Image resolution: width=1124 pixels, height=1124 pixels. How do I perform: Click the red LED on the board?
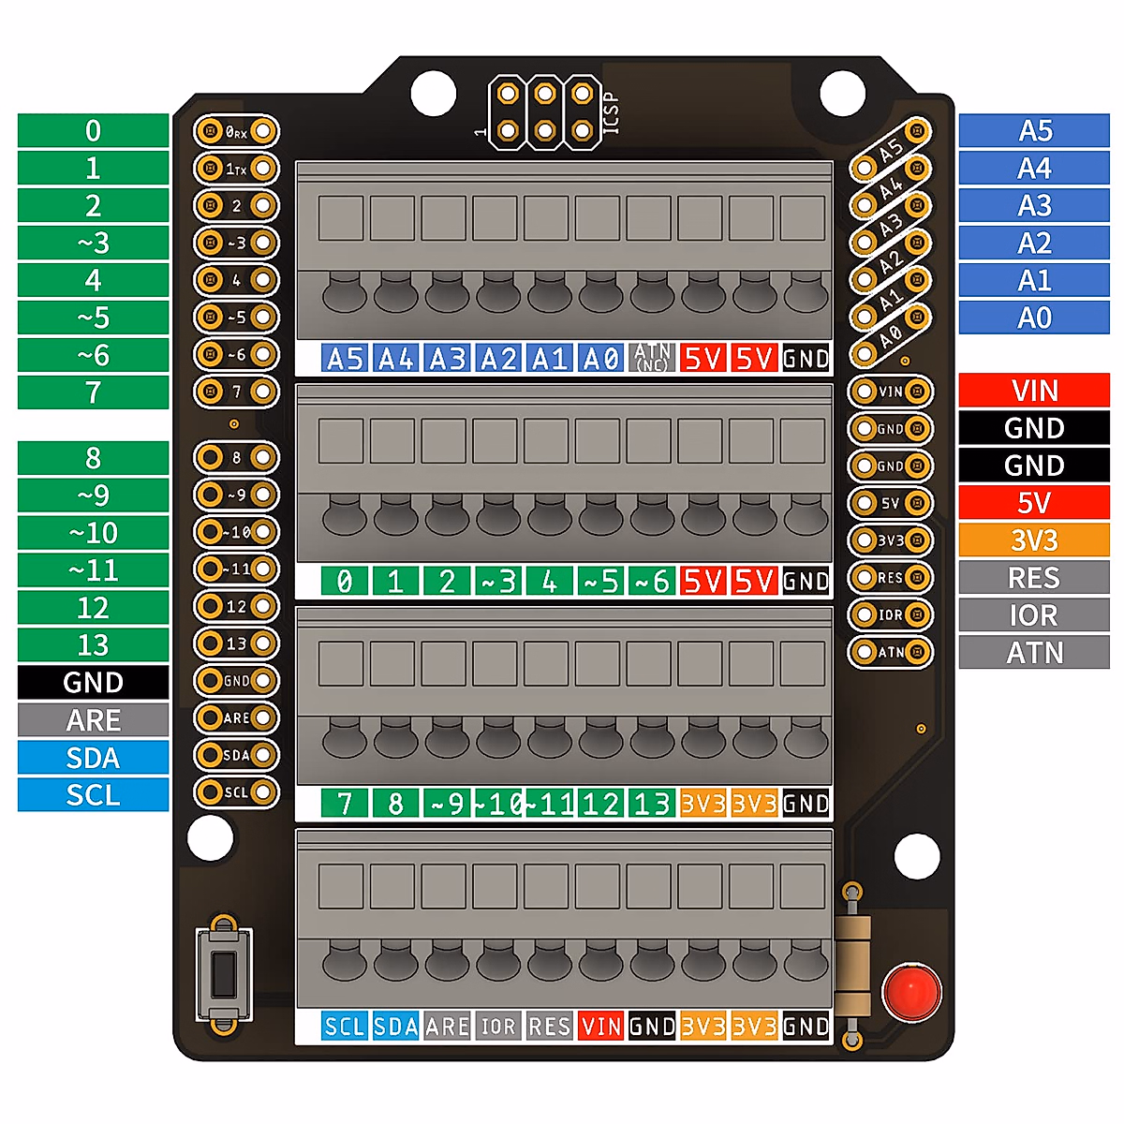tap(910, 992)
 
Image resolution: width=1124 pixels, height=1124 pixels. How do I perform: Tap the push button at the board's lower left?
tap(224, 974)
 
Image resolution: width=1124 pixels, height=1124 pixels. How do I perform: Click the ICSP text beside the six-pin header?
tap(611, 112)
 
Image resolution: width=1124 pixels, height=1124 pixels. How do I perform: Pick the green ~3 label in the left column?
tap(93, 244)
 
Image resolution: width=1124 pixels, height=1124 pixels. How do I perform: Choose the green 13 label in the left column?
tap(93, 645)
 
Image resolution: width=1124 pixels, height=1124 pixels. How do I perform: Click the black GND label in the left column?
tap(93, 683)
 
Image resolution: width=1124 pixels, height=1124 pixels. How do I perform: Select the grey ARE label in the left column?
tap(93, 720)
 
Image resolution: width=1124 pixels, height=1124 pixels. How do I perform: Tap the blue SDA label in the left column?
tap(93, 758)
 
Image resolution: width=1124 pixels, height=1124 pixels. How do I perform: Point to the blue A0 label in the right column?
tap(1034, 318)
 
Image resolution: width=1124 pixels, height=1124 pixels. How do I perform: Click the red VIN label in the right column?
tap(1034, 391)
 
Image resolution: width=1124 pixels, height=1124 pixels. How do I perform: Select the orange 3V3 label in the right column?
tap(1034, 540)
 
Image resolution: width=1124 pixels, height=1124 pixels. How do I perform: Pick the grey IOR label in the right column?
tap(1034, 615)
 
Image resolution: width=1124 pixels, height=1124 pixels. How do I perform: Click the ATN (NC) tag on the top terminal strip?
tap(652, 358)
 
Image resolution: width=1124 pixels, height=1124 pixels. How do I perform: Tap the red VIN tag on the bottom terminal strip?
tap(600, 1027)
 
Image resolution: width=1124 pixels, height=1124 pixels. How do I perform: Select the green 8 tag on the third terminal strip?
tap(395, 804)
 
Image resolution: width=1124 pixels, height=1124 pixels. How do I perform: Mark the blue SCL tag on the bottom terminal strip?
tap(344, 1027)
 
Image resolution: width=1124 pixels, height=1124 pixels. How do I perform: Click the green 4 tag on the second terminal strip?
tap(549, 582)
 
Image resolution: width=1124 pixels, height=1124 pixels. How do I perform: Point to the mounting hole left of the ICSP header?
tap(434, 94)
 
